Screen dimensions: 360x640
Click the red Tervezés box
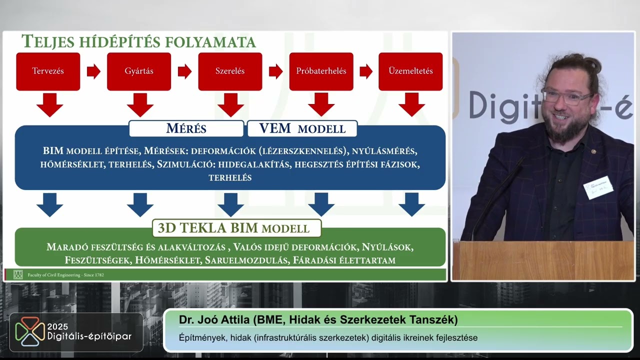pos(48,71)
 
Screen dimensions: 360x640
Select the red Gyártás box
pos(139,71)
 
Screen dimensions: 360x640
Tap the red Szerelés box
pos(230,71)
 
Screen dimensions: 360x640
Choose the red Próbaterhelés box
pos(321,71)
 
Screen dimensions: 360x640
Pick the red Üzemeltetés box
pos(410,71)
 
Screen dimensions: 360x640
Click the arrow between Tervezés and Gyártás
pos(93,71)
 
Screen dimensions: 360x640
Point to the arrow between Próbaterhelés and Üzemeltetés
pos(366,71)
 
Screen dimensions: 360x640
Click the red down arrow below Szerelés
pos(230,104)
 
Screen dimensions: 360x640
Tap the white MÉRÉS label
pos(186,128)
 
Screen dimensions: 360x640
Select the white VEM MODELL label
pos(302,128)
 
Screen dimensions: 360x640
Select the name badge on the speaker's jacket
pos(597,187)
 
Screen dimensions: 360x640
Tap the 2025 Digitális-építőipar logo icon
pos(29,331)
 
